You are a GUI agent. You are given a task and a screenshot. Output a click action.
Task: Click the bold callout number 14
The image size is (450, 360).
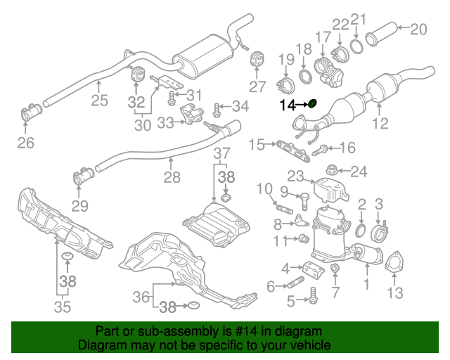point(287,105)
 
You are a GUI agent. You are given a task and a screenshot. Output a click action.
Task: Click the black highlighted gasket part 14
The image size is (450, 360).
point(313,105)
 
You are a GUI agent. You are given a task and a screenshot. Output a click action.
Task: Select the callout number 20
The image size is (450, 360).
point(418,29)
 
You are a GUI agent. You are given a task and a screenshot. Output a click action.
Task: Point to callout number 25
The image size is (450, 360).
point(99,100)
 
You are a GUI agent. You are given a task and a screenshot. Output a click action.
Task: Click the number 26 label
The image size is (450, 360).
point(25,144)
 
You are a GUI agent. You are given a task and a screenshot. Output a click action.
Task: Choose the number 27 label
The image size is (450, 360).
point(257,87)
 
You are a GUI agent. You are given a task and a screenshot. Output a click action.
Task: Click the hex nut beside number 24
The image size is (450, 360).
point(333,169)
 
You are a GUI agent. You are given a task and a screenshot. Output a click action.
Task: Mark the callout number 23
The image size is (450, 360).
point(294,176)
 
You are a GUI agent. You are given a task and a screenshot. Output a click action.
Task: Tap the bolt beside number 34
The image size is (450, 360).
point(215,108)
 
